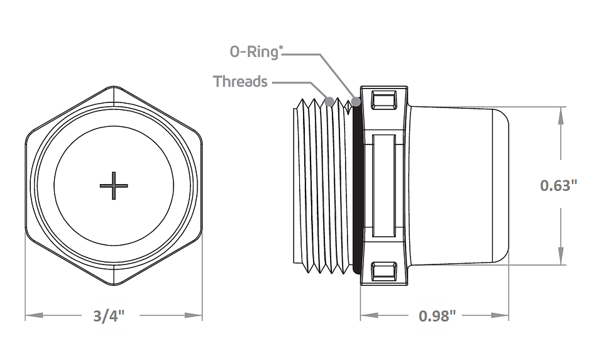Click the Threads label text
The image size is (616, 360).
click(x=240, y=82)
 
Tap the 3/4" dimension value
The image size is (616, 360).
click(x=109, y=316)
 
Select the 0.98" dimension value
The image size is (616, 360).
click(x=437, y=315)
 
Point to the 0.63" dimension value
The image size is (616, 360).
click(x=559, y=185)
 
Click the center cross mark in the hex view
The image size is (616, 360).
click(x=114, y=185)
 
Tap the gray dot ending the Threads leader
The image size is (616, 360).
click(x=329, y=101)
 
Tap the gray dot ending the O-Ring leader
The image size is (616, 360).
click(x=356, y=102)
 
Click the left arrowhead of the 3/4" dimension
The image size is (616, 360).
click(x=34, y=315)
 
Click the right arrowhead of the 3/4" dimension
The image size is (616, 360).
click(x=194, y=315)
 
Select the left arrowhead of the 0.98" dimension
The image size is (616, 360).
click(x=370, y=315)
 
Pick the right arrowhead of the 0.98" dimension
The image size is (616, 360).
click(x=500, y=315)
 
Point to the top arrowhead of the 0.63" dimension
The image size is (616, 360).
click(x=561, y=116)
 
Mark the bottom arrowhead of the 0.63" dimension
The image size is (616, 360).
click(x=561, y=256)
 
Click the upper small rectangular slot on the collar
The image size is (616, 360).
click(x=384, y=100)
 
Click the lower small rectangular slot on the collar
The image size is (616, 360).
click(x=384, y=271)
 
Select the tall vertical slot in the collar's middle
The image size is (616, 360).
click(x=384, y=186)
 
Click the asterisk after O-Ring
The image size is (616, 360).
click(x=280, y=48)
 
